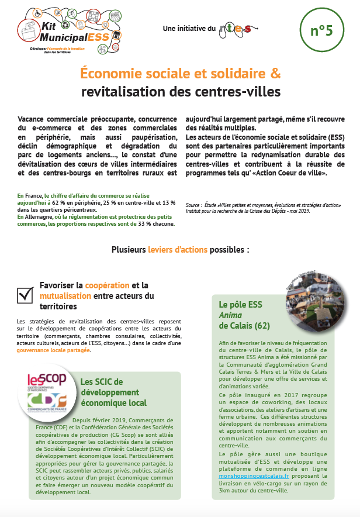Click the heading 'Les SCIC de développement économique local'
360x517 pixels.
[x=113, y=392]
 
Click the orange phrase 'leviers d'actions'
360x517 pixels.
[x=185, y=250]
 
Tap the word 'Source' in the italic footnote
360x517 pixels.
[x=194, y=205]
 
